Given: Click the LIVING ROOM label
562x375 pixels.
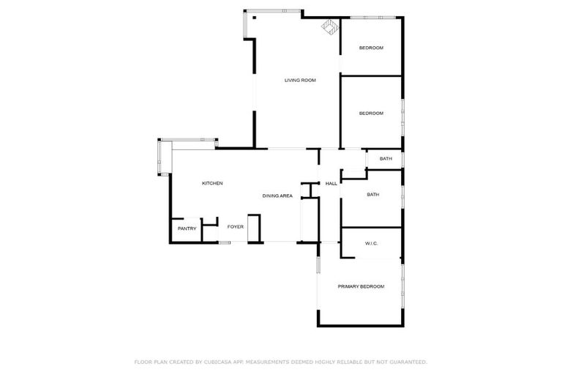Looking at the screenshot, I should tap(300, 80).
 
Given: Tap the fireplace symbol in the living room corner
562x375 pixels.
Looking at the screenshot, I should tap(329, 27).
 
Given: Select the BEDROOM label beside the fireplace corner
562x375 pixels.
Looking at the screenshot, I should tap(371, 48).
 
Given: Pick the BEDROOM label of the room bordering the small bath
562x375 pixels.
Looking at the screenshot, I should tap(371, 114).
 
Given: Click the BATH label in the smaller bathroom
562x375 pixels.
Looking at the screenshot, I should tap(386, 159).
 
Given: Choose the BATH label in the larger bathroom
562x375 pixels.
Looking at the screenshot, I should tap(372, 195).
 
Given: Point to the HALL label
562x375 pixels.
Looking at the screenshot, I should tap(331, 183).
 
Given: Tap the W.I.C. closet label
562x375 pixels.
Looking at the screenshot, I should tap(371, 243).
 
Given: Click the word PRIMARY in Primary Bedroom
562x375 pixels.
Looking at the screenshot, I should tap(349, 286).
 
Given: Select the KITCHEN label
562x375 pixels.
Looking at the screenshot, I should tap(212, 183).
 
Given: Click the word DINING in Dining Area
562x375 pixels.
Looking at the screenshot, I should tap(271, 196).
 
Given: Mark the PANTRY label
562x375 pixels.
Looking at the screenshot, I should tap(186, 229).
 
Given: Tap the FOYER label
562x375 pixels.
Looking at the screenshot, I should tap(235, 227).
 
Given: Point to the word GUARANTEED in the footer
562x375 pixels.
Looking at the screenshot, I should tap(407, 362).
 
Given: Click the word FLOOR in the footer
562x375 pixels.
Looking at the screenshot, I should tap(143, 362).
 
